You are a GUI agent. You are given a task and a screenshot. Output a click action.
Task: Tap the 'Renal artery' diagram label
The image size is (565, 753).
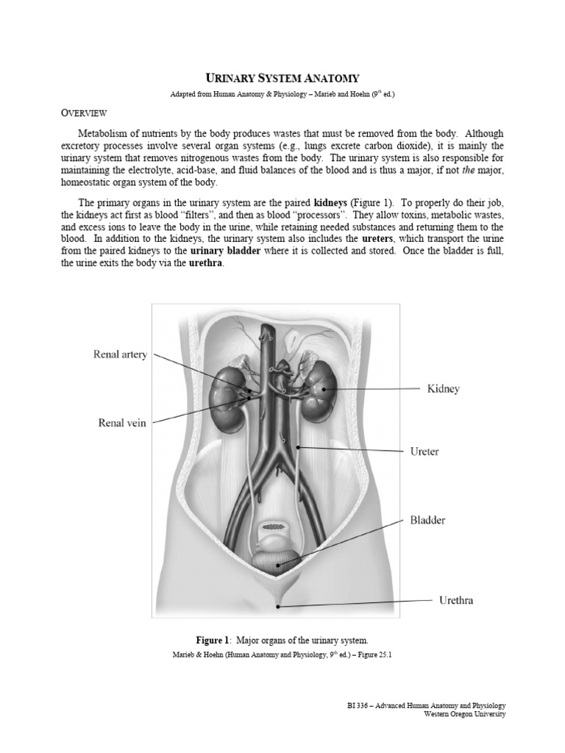[120, 354]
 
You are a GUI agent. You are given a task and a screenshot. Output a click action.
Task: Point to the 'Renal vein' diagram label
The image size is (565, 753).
[123, 422]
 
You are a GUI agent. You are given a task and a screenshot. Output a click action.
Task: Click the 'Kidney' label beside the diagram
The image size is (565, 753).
[444, 388]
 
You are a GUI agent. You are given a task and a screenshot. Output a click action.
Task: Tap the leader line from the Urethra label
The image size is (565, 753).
[353, 603]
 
